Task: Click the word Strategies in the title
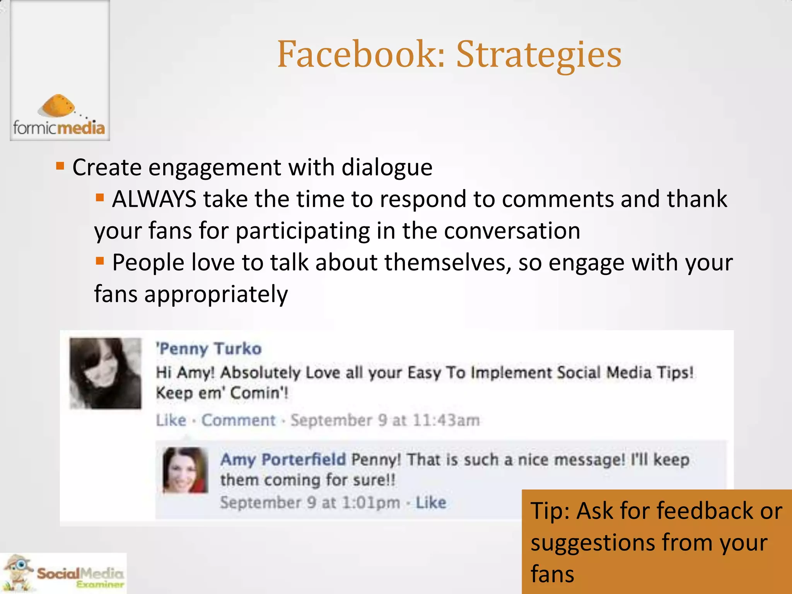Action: click(x=539, y=55)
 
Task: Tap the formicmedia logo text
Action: click(x=59, y=128)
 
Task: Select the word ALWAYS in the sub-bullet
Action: click(x=154, y=199)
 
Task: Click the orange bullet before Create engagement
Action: click(x=60, y=166)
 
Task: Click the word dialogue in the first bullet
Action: click(x=387, y=167)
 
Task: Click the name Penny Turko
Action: click(x=209, y=348)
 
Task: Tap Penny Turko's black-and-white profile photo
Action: click(x=105, y=373)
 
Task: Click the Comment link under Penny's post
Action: click(x=238, y=420)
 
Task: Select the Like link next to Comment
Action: click(x=171, y=420)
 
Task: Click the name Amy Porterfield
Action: click(x=283, y=459)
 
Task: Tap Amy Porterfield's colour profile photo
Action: click(x=185, y=470)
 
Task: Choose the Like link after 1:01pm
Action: click(x=431, y=502)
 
